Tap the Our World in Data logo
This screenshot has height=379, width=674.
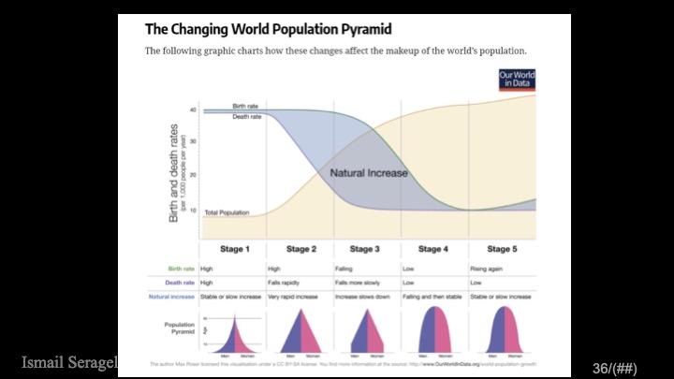coord(516,80)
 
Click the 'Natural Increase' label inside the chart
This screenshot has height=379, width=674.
coord(369,173)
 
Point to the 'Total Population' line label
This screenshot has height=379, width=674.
coord(227,212)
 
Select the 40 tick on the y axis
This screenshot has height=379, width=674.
coord(192,110)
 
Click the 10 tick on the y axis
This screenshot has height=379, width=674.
coord(192,209)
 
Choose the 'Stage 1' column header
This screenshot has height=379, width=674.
coord(235,249)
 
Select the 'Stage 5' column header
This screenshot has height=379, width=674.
coord(502,249)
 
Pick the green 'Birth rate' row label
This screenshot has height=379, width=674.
coord(180,269)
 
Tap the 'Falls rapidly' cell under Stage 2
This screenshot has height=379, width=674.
coord(286,283)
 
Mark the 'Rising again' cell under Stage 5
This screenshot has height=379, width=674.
coord(487,269)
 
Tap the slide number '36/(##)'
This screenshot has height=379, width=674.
coord(614,369)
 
